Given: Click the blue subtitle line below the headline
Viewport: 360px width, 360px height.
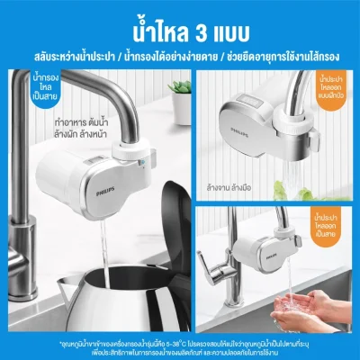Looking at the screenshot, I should (179, 42).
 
